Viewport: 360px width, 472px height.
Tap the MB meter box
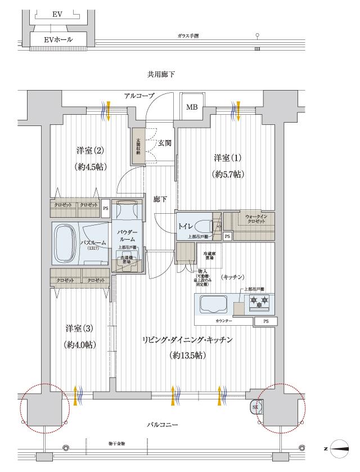tap(192, 107)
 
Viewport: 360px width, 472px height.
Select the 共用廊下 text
tap(160, 74)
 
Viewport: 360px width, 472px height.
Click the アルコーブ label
tap(139, 96)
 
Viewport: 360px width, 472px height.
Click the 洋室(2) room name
tap(91, 150)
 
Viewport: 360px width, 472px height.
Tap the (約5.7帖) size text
tap(228, 174)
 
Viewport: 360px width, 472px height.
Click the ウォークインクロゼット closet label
tap(256, 219)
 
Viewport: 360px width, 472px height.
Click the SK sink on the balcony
tap(254, 407)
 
